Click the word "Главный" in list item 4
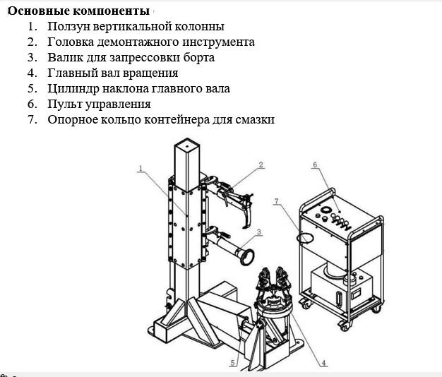coord(71,73)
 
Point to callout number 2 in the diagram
coord(261,165)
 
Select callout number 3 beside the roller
coord(259,232)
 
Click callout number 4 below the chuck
coord(323,364)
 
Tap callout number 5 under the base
coord(232,364)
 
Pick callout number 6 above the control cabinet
coord(316,165)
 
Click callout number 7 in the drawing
coord(277,202)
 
